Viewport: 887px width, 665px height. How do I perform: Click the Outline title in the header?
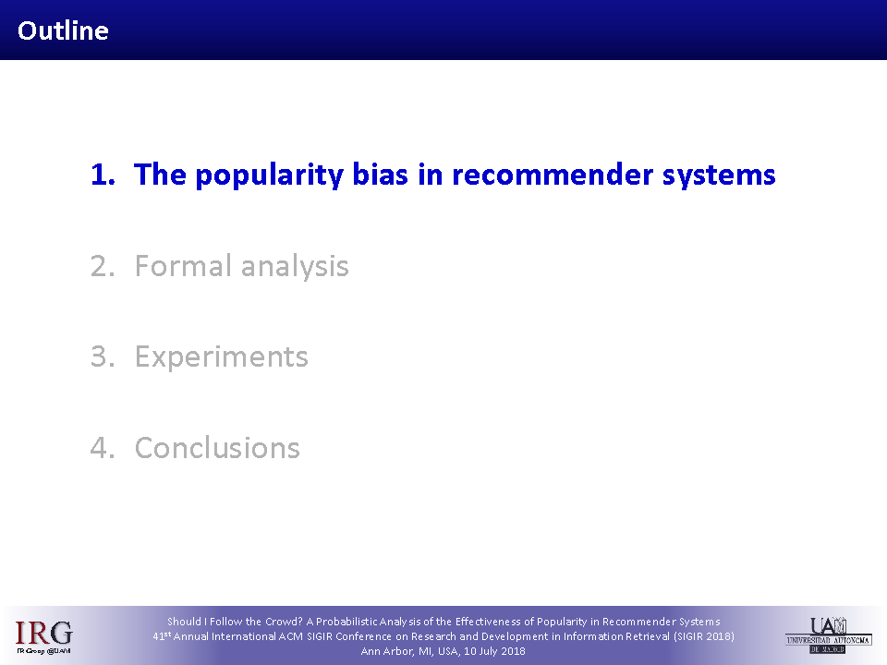63,30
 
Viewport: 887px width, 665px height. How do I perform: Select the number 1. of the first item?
103,175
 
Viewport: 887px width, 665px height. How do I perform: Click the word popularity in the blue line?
269,175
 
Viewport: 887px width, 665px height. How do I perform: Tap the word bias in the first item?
380,174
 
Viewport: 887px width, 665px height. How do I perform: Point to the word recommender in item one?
553,175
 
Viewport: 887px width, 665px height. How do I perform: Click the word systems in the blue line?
719,175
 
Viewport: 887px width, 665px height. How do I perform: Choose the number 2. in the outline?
103,266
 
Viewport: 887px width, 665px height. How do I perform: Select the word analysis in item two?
295,267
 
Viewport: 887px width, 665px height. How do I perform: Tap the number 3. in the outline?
103,357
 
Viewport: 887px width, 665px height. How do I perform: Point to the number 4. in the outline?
103,448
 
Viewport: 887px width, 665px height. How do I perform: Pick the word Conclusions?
217,448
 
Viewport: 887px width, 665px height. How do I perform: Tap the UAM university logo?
829,635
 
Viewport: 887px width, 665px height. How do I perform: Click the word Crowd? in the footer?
284,622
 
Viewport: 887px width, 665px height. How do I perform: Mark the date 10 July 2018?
494,651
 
